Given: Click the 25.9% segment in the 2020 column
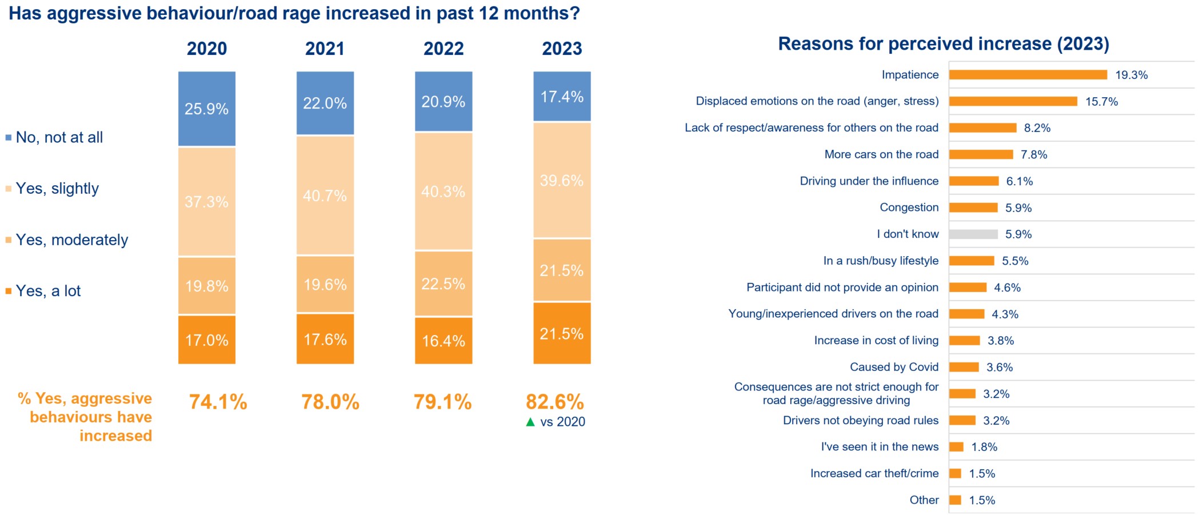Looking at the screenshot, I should pos(206,109).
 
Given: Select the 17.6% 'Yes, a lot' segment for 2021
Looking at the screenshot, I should pos(325,340).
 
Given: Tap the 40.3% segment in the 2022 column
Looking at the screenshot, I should pos(443,191).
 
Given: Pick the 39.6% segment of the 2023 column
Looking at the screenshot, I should pos(562,181).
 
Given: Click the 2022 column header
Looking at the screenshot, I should pos(443,49).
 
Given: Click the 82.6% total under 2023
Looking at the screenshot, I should pos(554,402).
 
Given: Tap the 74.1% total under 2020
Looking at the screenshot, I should pos(218,402).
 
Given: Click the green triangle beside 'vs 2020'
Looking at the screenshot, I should pos(530,422).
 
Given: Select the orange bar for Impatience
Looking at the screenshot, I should pos(1028,75).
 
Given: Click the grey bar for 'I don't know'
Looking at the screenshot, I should pos(973,234).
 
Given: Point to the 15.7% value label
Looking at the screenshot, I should pos(1101,102).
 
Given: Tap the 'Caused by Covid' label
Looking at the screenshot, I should pos(894,367).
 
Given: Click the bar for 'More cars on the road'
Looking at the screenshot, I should pos(981,154).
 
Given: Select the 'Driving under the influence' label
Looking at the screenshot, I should pos(869,181).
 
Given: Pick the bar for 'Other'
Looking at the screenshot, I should pos(955,500).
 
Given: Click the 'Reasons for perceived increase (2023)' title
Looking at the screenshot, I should pos(943,44).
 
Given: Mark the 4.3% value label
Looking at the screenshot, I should pos(1005,314).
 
